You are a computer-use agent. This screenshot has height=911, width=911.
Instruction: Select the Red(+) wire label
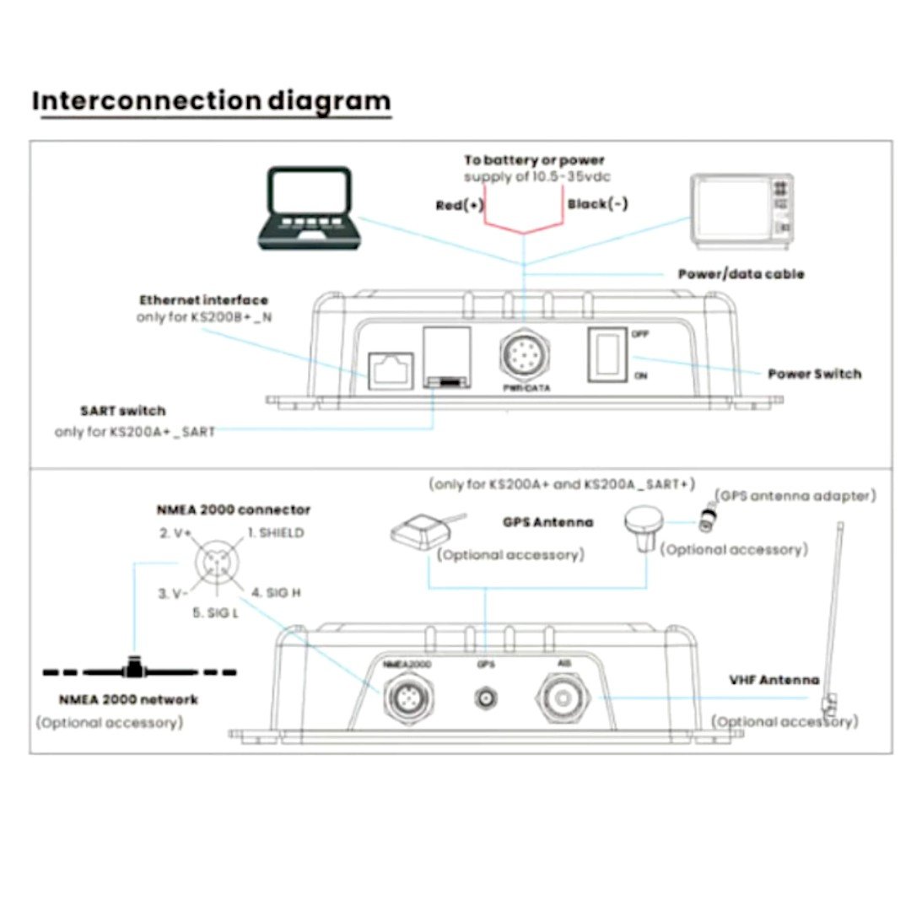tap(460, 205)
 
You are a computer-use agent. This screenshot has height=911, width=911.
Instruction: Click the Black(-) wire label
tap(598, 204)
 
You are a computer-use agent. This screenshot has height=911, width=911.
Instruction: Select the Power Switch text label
tap(814, 374)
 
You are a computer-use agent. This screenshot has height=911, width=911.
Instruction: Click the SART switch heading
tap(123, 411)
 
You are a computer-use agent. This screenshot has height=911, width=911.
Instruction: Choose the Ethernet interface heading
tap(203, 299)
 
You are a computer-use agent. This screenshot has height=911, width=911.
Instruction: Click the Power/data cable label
tap(741, 274)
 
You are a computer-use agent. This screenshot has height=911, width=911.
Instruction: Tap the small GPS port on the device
tap(485, 698)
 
